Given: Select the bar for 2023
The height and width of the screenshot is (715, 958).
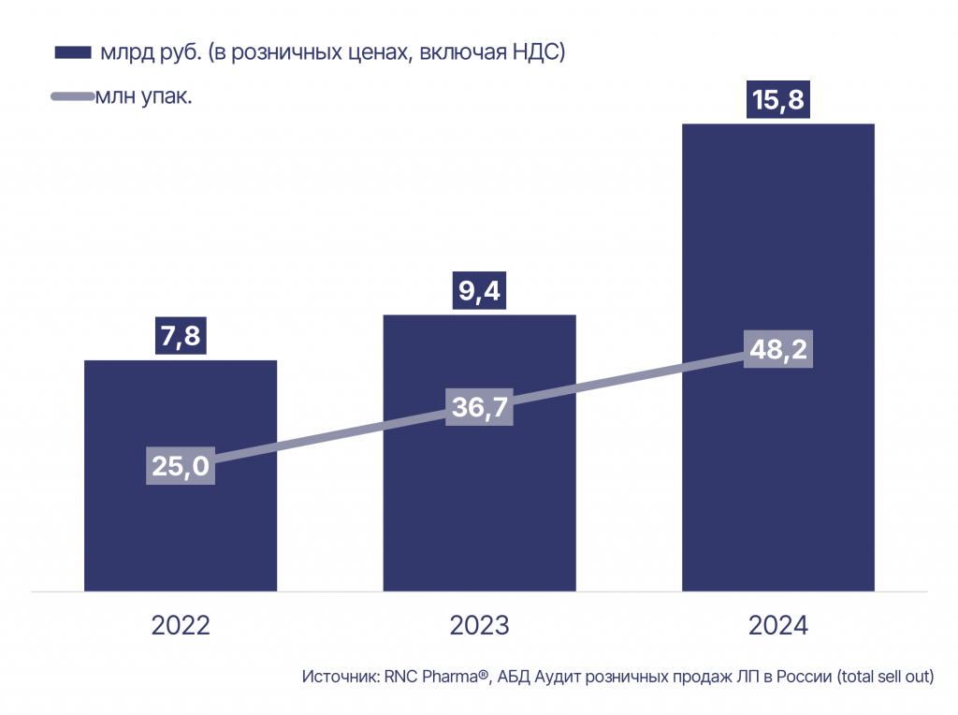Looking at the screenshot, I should [479, 524].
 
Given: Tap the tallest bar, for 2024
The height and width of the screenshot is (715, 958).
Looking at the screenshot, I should [777, 234].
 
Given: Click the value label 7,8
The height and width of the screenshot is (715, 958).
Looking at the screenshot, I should [181, 336].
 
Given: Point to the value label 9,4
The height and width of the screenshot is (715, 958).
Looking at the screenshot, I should [480, 292].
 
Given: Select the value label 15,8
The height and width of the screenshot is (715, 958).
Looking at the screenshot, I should [777, 100].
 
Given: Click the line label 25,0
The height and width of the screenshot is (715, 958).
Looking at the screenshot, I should [181, 466].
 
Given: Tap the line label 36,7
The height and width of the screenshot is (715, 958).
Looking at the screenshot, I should [480, 407].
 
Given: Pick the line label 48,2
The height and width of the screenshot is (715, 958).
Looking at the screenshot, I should [778, 349].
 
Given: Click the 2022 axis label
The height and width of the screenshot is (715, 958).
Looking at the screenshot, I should [181, 626].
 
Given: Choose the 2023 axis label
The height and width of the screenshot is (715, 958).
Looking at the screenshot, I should [479, 626].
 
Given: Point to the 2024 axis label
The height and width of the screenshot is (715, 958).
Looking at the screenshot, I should [777, 626].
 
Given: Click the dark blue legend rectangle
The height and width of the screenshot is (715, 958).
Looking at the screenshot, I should [72, 52].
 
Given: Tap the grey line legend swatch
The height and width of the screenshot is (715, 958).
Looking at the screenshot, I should [72, 96].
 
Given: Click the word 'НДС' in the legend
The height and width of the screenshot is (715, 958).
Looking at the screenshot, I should [535, 52].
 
